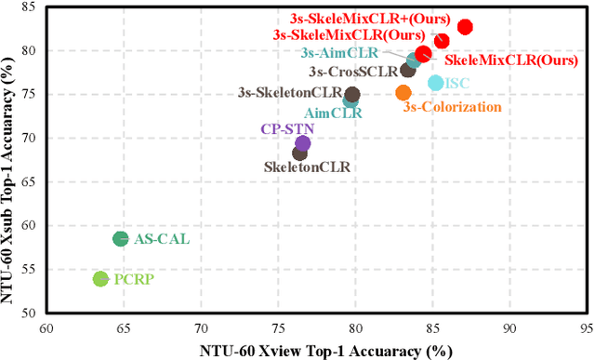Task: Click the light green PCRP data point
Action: pos(100,279)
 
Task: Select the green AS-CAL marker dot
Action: pos(120,239)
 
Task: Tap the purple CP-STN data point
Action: pos(302,143)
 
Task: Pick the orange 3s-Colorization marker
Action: pos(403,93)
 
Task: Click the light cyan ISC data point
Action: pos(435,84)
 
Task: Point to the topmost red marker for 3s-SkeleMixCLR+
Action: pos(465,28)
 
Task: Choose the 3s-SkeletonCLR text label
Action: pos(290,93)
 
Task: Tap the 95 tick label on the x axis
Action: pos(586,327)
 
